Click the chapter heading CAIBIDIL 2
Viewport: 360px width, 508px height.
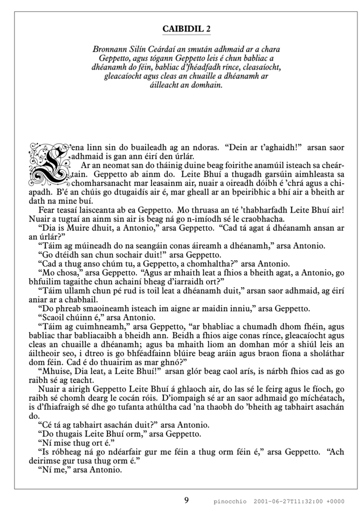(186, 30)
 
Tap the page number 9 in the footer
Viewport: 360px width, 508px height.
(186, 499)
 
